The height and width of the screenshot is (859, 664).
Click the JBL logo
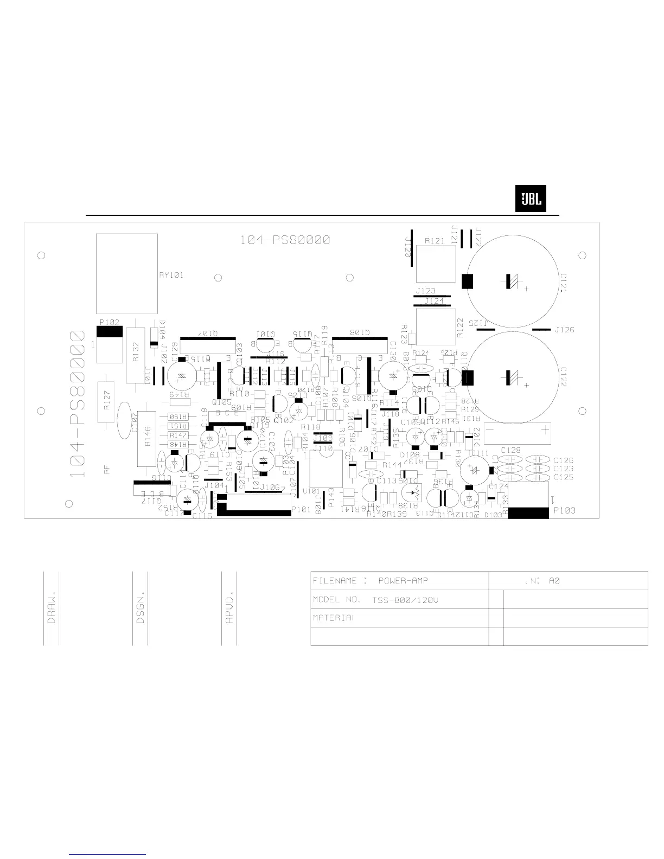pyautogui.click(x=531, y=199)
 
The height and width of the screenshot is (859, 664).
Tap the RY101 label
pyautogui.click(x=171, y=275)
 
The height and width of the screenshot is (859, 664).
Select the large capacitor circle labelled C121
pyautogui.click(x=513, y=280)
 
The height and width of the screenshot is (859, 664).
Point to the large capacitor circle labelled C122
pyautogui.click(x=513, y=376)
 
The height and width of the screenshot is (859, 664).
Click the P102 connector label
pyautogui.click(x=109, y=322)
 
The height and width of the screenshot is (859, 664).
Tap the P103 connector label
pyautogui.click(x=564, y=510)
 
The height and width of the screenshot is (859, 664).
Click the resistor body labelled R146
pyautogui.click(x=148, y=438)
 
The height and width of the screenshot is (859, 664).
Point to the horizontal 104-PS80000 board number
pyautogui.click(x=285, y=240)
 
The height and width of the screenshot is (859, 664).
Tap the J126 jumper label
pyautogui.click(x=565, y=330)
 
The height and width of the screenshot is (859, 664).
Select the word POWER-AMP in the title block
pyautogui.click(x=403, y=581)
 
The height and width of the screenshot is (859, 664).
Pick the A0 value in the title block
pyautogui.click(x=554, y=581)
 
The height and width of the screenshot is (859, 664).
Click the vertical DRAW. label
pyautogui.click(x=52, y=607)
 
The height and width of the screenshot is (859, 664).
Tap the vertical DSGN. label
pyautogui.click(x=141, y=607)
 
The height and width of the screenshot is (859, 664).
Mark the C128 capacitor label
pyautogui.click(x=510, y=450)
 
